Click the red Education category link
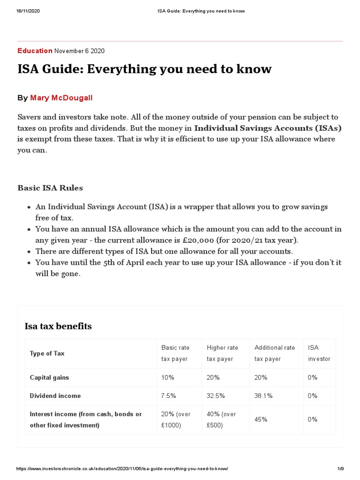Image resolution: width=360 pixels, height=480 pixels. tap(35, 51)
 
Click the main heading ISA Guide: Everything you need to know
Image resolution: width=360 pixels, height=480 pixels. tap(144, 69)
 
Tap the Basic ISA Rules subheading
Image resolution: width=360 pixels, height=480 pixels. tap(50, 187)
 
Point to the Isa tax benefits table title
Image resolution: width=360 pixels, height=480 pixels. tap(58, 326)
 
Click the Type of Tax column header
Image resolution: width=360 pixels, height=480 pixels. tap(47, 353)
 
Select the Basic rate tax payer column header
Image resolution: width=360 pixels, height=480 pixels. tap(175, 353)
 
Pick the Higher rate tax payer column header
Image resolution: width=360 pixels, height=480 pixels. tap(222, 353)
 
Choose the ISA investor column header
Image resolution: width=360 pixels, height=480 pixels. tap(319, 353)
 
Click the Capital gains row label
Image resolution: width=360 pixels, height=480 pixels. tap(49, 377)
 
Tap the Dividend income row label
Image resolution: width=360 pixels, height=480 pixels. tap(55, 396)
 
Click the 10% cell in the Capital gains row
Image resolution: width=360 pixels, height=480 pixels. tap(167, 377)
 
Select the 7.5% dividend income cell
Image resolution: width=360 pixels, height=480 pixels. tap(168, 396)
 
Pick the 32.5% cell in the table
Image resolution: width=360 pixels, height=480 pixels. tap(216, 396)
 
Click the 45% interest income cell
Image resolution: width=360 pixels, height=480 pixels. tap(261, 420)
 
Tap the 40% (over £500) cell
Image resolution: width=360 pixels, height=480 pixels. tap(221, 420)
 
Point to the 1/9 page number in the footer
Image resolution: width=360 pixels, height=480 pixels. tap(341, 469)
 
